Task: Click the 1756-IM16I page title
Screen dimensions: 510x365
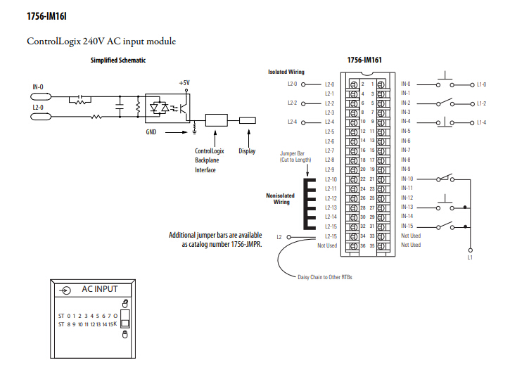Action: click(x=47, y=16)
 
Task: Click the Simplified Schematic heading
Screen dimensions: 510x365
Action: click(x=118, y=60)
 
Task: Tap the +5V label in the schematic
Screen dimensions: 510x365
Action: click(x=184, y=83)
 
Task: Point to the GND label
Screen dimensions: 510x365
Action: click(x=151, y=132)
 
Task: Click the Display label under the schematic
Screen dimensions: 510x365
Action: click(x=247, y=151)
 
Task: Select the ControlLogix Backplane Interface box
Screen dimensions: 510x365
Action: click(x=216, y=120)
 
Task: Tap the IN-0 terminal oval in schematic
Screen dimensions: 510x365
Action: click(x=41, y=96)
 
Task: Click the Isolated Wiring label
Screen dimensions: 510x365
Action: click(x=286, y=72)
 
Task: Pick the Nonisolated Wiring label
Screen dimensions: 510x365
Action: click(x=281, y=199)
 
